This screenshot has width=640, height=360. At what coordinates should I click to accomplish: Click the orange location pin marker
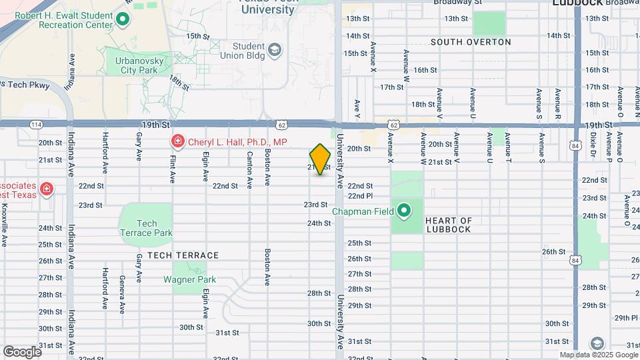click(321, 159)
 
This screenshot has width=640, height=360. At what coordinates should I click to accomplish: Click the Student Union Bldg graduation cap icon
click(274, 50)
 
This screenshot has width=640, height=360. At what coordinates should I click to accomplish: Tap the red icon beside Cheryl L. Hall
click(178, 141)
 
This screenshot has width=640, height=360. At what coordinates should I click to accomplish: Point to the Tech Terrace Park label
click(147, 228)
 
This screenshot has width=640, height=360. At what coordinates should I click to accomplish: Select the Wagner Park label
click(189, 279)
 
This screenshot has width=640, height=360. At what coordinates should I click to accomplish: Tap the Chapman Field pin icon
click(404, 212)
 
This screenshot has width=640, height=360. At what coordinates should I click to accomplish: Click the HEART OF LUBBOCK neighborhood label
click(448, 225)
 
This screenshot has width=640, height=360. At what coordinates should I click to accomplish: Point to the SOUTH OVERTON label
click(471, 42)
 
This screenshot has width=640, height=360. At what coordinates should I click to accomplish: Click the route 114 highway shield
click(37, 125)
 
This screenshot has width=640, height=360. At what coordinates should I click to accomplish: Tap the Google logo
click(22, 351)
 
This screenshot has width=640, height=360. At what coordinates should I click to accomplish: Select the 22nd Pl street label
click(359, 196)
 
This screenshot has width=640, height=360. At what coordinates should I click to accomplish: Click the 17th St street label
click(392, 87)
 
